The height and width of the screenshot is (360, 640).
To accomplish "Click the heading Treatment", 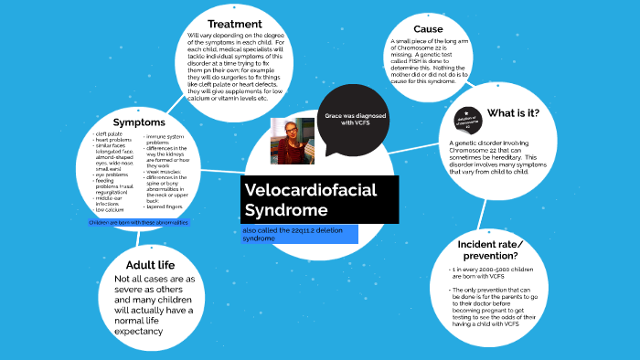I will click(x=235, y=24).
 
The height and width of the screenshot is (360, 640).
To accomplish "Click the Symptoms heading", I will click(x=139, y=122).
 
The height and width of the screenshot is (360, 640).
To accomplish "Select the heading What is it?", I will click(x=513, y=113).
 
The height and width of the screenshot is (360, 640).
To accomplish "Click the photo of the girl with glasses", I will click(x=292, y=140).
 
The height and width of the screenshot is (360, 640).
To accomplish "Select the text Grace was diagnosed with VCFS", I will click(x=351, y=120).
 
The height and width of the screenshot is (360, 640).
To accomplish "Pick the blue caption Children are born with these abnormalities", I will click(x=138, y=223).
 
